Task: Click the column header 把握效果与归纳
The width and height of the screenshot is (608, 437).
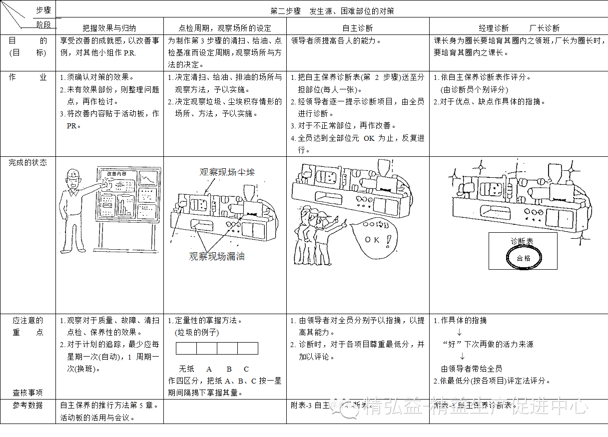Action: click(x=109, y=28)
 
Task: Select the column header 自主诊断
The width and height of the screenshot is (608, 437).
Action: click(x=357, y=28)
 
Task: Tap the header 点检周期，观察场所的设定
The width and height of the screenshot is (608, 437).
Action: click(x=225, y=28)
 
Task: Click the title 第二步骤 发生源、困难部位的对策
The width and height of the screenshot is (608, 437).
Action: click(x=332, y=10)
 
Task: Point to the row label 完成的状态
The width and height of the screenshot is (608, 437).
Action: click(x=27, y=162)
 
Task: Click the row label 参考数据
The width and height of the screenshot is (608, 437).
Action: click(x=27, y=405)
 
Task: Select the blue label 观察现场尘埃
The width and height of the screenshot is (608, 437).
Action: click(x=227, y=172)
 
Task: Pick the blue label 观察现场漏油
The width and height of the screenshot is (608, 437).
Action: click(x=217, y=256)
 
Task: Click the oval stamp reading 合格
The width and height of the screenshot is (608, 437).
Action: click(x=524, y=258)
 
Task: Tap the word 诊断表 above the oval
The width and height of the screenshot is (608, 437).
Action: click(x=522, y=241)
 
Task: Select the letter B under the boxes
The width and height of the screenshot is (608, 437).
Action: click(x=229, y=369)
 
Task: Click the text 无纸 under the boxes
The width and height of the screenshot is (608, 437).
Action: click(x=187, y=369)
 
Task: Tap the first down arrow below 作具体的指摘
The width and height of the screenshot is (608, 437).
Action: click(x=460, y=332)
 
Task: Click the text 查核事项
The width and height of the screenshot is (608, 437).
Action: click(x=27, y=393)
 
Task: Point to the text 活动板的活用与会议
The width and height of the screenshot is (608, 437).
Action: click(x=97, y=418)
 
